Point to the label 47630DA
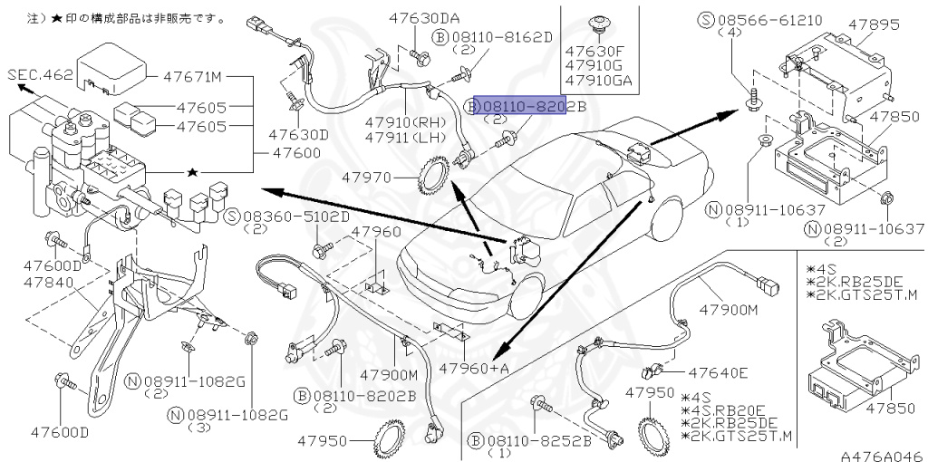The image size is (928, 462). pyautogui.click(x=425, y=18)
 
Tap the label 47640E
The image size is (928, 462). pyautogui.click(x=718, y=372)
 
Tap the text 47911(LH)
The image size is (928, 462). pyautogui.click(x=401, y=137)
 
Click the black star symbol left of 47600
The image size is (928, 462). pyautogui.click(x=191, y=170)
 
